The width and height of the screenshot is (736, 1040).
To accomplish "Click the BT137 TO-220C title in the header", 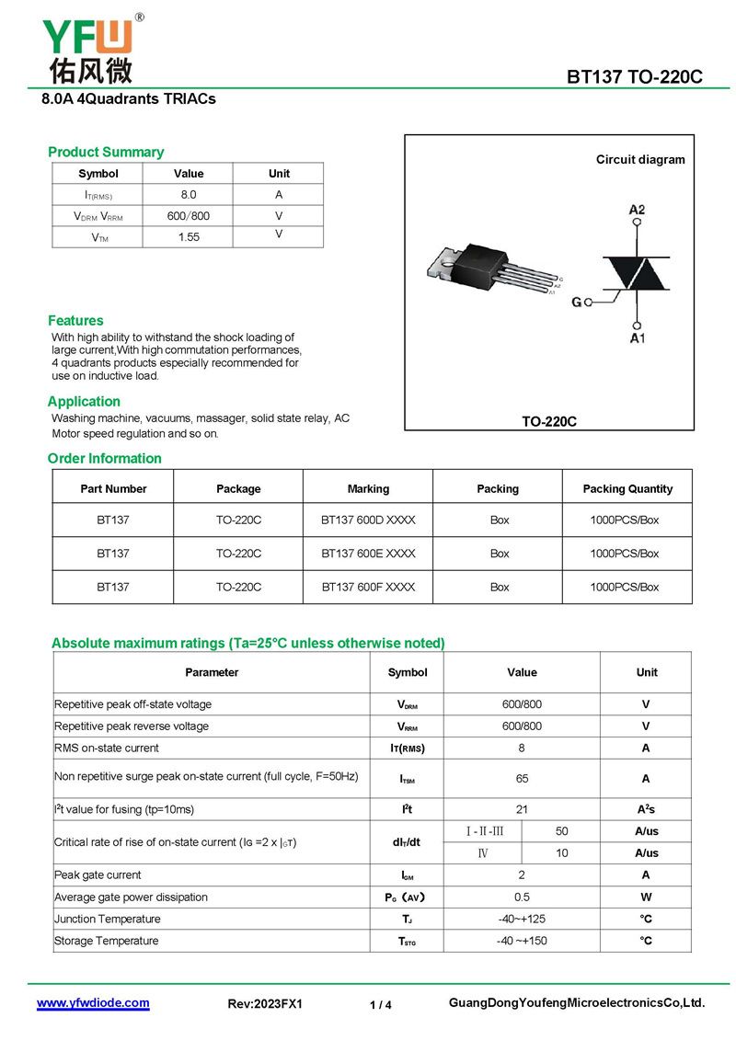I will [x=634, y=76].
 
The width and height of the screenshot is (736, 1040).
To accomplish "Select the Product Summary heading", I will [x=106, y=152].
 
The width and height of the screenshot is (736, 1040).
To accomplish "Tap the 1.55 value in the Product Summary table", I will [x=189, y=236].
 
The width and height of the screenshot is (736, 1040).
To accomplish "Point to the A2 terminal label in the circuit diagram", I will [x=637, y=210].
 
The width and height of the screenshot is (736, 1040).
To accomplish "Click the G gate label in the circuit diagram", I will [x=577, y=302].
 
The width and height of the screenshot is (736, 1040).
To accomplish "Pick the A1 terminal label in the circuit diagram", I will [x=638, y=338].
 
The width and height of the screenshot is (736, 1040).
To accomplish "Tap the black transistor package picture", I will [x=488, y=268].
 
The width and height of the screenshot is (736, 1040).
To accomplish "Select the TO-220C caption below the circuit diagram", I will [x=549, y=421].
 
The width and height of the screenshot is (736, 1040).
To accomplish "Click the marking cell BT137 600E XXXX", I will [x=368, y=554].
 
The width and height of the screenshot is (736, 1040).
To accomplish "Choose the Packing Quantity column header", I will [x=627, y=488].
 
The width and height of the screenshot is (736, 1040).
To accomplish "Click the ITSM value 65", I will [x=522, y=778].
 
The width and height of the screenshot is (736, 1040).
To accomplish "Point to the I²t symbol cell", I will [x=407, y=809].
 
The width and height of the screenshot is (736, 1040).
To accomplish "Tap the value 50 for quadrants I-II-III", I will [x=562, y=831].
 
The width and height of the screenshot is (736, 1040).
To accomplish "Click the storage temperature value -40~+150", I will [x=522, y=941].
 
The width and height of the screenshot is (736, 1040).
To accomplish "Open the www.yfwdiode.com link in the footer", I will [x=93, y=1003].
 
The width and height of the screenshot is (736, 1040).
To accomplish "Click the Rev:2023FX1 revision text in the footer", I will [x=265, y=1004].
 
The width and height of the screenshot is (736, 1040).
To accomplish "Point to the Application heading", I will [x=84, y=401].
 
